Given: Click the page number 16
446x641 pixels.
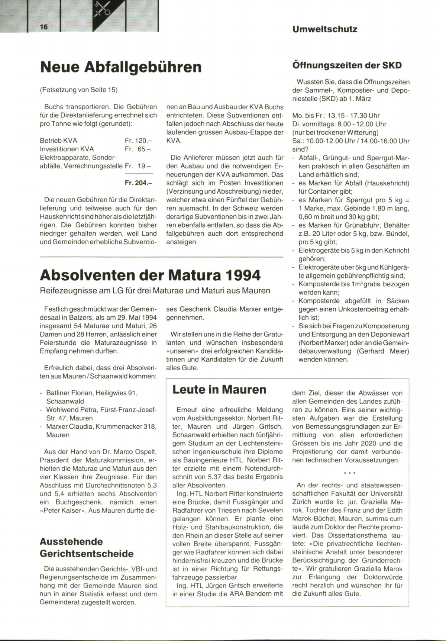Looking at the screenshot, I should click(44, 27).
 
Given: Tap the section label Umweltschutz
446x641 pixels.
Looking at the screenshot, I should click(324, 29).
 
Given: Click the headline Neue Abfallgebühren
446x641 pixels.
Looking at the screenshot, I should click(121, 67).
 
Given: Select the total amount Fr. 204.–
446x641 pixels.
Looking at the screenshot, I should click(139, 183).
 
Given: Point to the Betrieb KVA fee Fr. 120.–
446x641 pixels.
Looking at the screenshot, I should click(139, 141).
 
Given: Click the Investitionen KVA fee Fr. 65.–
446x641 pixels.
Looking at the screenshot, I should click(139, 149).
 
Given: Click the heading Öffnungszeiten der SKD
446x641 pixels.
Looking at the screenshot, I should click(347, 65).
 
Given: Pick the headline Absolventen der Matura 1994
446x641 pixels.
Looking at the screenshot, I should click(150, 275).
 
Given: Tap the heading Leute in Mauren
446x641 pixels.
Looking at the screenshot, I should click(219, 389).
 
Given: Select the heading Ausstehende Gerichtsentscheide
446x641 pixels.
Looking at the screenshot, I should click(87, 547).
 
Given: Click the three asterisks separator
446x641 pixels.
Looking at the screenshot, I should click(350, 473).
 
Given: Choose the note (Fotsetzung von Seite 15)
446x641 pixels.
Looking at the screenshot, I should click(78, 90).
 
